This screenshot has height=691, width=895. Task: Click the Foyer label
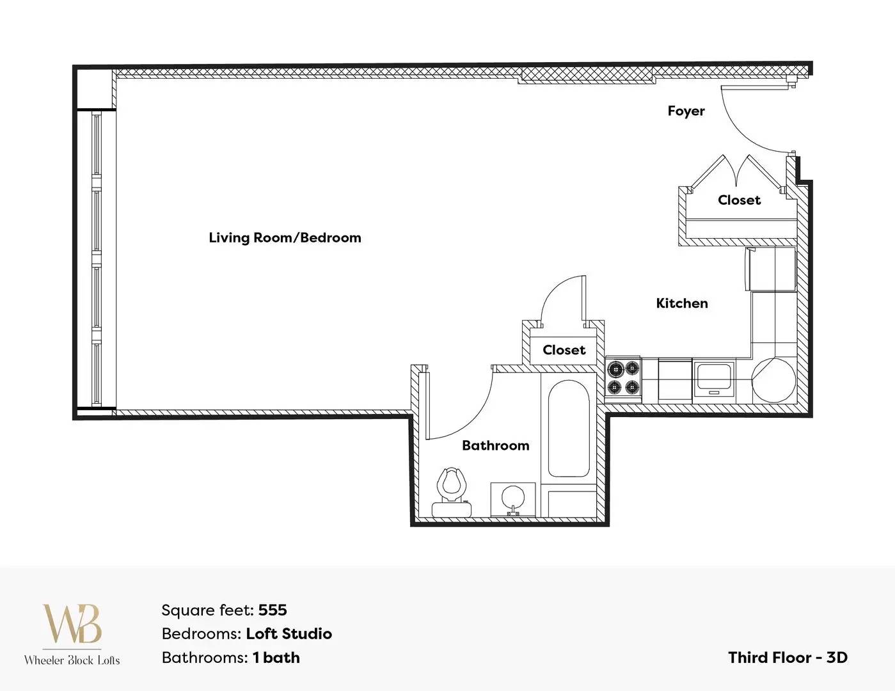[x=686, y=111]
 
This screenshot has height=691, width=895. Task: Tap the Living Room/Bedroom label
[x=285, y=237]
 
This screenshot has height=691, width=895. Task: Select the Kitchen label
[x=682, y=303]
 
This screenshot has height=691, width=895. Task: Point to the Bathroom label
[x=496, y=445]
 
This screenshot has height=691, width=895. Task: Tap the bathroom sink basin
[x=513, y=498]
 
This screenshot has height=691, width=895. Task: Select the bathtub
[x=568, y=428]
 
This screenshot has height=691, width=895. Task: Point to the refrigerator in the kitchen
[x=770, y=269]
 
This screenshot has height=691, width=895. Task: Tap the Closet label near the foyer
[x=739, y=200]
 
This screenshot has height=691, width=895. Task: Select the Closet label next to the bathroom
[x=564, y=350]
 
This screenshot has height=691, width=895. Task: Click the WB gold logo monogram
[x=72, y=623]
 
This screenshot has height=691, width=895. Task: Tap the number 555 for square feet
[x=273, y=610]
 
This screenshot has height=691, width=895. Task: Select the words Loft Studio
[x=289, y=634]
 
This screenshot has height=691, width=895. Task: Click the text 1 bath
[x=276, y=658]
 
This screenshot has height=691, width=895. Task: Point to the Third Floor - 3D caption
[x=788, y=658]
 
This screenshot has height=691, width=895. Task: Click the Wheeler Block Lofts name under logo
[x=72, y=660]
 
